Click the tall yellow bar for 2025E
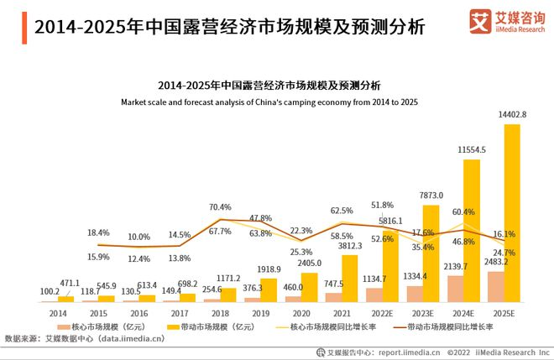pos(512,213)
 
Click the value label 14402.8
pos(512,115)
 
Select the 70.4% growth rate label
pos(221,206)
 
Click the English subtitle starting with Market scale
pos(269,102)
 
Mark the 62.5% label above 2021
pos(342,211)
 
